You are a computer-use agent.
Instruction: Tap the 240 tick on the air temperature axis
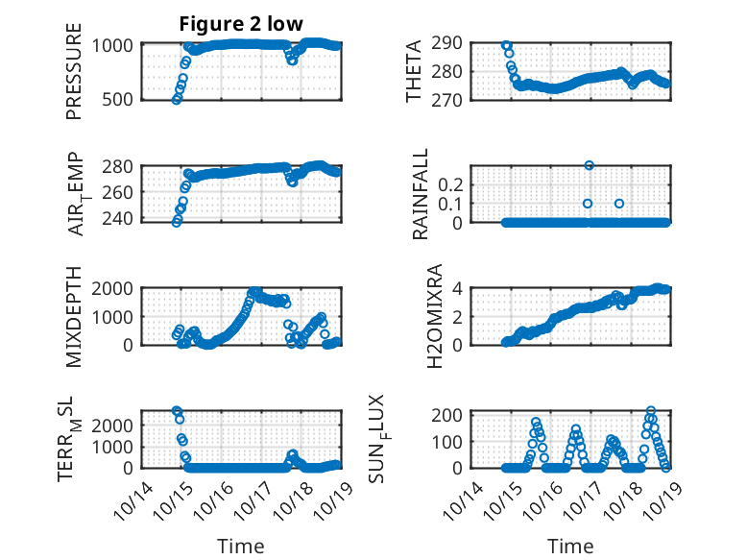(121, 219)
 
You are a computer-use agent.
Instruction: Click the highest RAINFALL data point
(589, 165)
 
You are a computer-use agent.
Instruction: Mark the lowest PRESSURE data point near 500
(177, 100)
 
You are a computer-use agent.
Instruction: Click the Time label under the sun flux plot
(569, 546)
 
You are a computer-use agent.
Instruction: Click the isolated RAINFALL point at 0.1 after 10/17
(619, 204)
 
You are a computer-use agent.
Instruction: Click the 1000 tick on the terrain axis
(116, 447)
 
